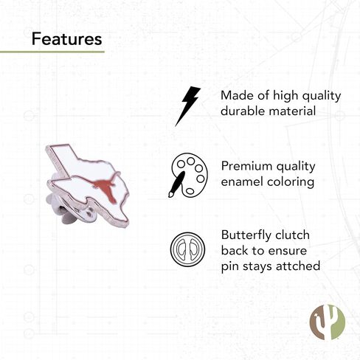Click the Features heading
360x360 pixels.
point(66,39)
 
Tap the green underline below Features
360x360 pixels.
point(52,52)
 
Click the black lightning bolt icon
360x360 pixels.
point(187,106)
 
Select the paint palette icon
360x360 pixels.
point(188,175)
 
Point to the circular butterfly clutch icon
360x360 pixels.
point(187,249)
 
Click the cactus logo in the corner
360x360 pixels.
point(327,322)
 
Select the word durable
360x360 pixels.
point(243,111)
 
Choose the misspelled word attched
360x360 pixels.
point(298,266)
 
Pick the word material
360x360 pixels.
point(292,111)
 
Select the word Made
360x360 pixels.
point(237,95)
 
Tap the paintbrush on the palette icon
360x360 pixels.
point(176,184)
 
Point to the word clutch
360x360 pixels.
point(293,235)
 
